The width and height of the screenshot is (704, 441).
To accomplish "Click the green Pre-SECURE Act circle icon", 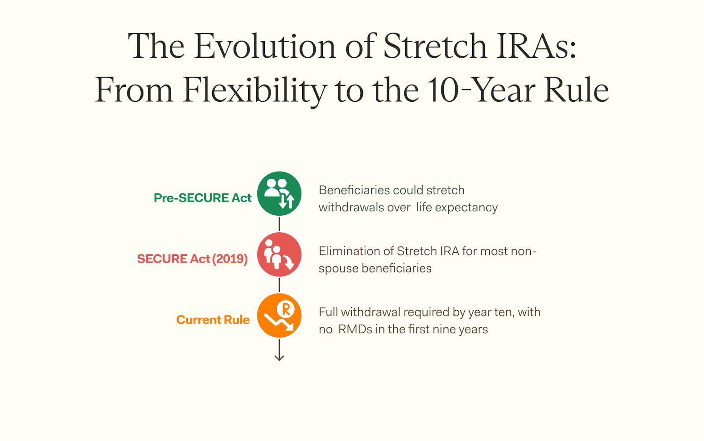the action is tap(279, 194).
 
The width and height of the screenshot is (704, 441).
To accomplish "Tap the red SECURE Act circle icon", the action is tap(279, 254).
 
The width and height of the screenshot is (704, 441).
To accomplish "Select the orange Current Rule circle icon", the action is tap(279, 316).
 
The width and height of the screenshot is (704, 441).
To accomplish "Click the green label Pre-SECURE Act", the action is tap(202, 198).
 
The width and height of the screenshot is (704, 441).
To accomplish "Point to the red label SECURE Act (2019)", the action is tap(192, 259).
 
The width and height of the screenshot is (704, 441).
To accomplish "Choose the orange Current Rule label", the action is tap(213, 320).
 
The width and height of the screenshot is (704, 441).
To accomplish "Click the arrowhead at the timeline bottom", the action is tap(279, 358).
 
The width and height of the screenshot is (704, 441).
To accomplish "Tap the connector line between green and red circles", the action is tap(279, 224).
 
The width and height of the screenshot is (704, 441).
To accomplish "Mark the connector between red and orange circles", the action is tap(279, 285).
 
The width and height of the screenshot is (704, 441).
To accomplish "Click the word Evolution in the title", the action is tap(264, 46).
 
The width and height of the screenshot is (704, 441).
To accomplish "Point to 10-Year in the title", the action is tap(481, 90).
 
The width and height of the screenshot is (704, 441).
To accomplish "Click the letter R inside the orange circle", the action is tap(286, 309).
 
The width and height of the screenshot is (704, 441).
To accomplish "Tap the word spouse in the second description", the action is tap(338, 269).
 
